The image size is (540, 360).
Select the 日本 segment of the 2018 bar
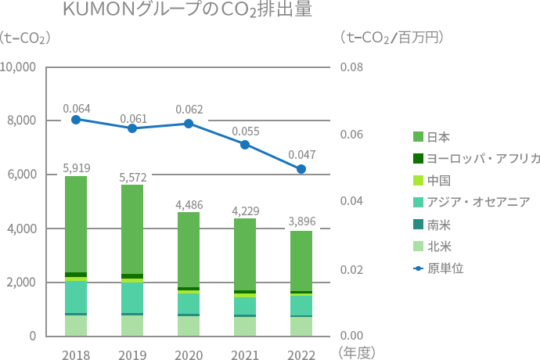point(76,224)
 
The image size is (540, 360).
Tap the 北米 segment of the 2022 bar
point(301,326)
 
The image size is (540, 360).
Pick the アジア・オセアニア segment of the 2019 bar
point(132,297)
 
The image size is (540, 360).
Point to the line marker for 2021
point(245,145)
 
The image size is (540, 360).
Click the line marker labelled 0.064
point(76,120)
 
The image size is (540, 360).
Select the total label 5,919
point(76,167)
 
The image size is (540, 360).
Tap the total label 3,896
point(301,222)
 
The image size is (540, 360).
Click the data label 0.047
point(301,155)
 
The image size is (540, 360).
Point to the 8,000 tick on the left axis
point(20,121)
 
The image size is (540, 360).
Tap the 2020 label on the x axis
point(189,355)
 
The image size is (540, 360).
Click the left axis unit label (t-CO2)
point(26,38)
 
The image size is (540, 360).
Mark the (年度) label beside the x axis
point(356,354)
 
